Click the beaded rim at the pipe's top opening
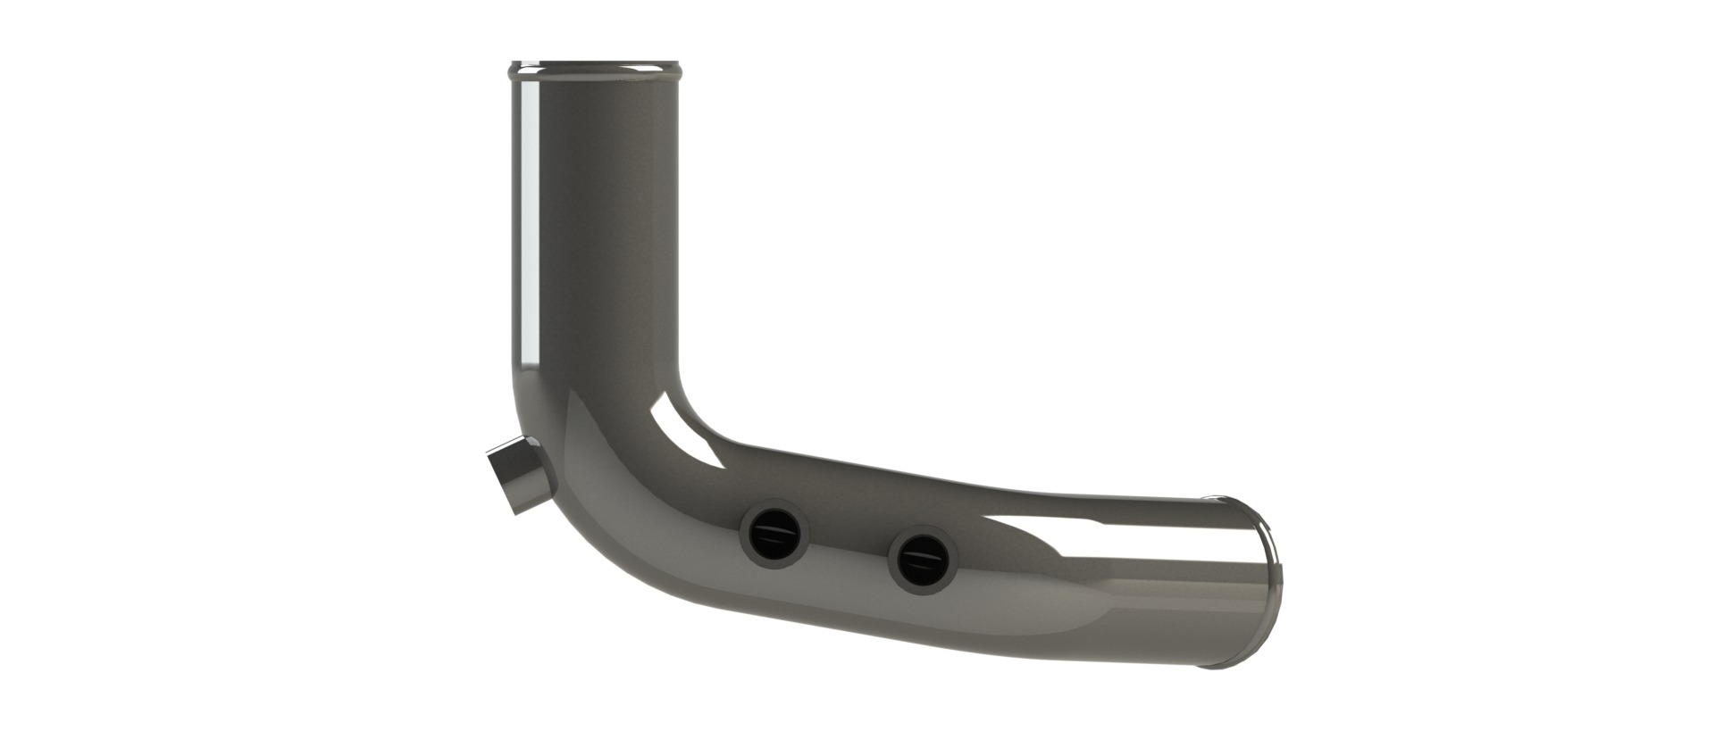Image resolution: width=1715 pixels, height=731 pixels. pyautogui.click(x=597, y=68)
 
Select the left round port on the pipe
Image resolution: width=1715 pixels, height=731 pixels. pyautogui.click(x=774, y=538)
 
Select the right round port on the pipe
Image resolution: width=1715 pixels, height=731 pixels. pyautogui.click(x=923, y=561)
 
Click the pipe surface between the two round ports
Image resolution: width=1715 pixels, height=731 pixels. pyautogui.click(x=849, y=550)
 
